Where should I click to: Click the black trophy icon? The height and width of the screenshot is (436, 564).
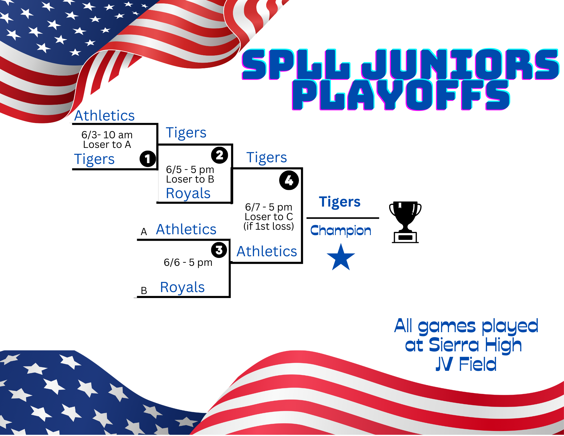coord(405,222)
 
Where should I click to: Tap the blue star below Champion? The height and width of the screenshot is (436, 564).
coord(341,257)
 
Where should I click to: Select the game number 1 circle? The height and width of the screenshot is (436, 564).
coord(148,159)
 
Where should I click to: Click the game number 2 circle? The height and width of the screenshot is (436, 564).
coord(219,155)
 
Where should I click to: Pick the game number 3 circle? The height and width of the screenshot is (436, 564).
coord(219,250)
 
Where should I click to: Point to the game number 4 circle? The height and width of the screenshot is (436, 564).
coord(289,180)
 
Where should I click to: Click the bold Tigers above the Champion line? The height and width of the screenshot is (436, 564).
coord(340,202)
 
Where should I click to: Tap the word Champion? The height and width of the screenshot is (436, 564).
coord(341,231)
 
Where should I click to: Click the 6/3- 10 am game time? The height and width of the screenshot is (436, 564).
coord(107,135)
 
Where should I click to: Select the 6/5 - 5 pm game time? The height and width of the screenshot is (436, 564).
coord(190,169)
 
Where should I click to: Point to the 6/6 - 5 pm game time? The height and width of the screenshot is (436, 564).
coord(188,262)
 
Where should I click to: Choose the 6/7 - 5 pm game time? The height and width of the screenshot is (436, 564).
coord(269,207)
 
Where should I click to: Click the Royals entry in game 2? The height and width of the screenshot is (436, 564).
coord(188,193)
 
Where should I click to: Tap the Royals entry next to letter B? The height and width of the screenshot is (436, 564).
coord(182,287)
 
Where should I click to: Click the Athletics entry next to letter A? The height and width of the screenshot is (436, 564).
coord(186,229)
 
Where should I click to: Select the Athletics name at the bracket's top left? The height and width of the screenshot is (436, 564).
coord(104,115)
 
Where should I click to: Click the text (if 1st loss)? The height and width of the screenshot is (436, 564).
coord(269,226)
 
